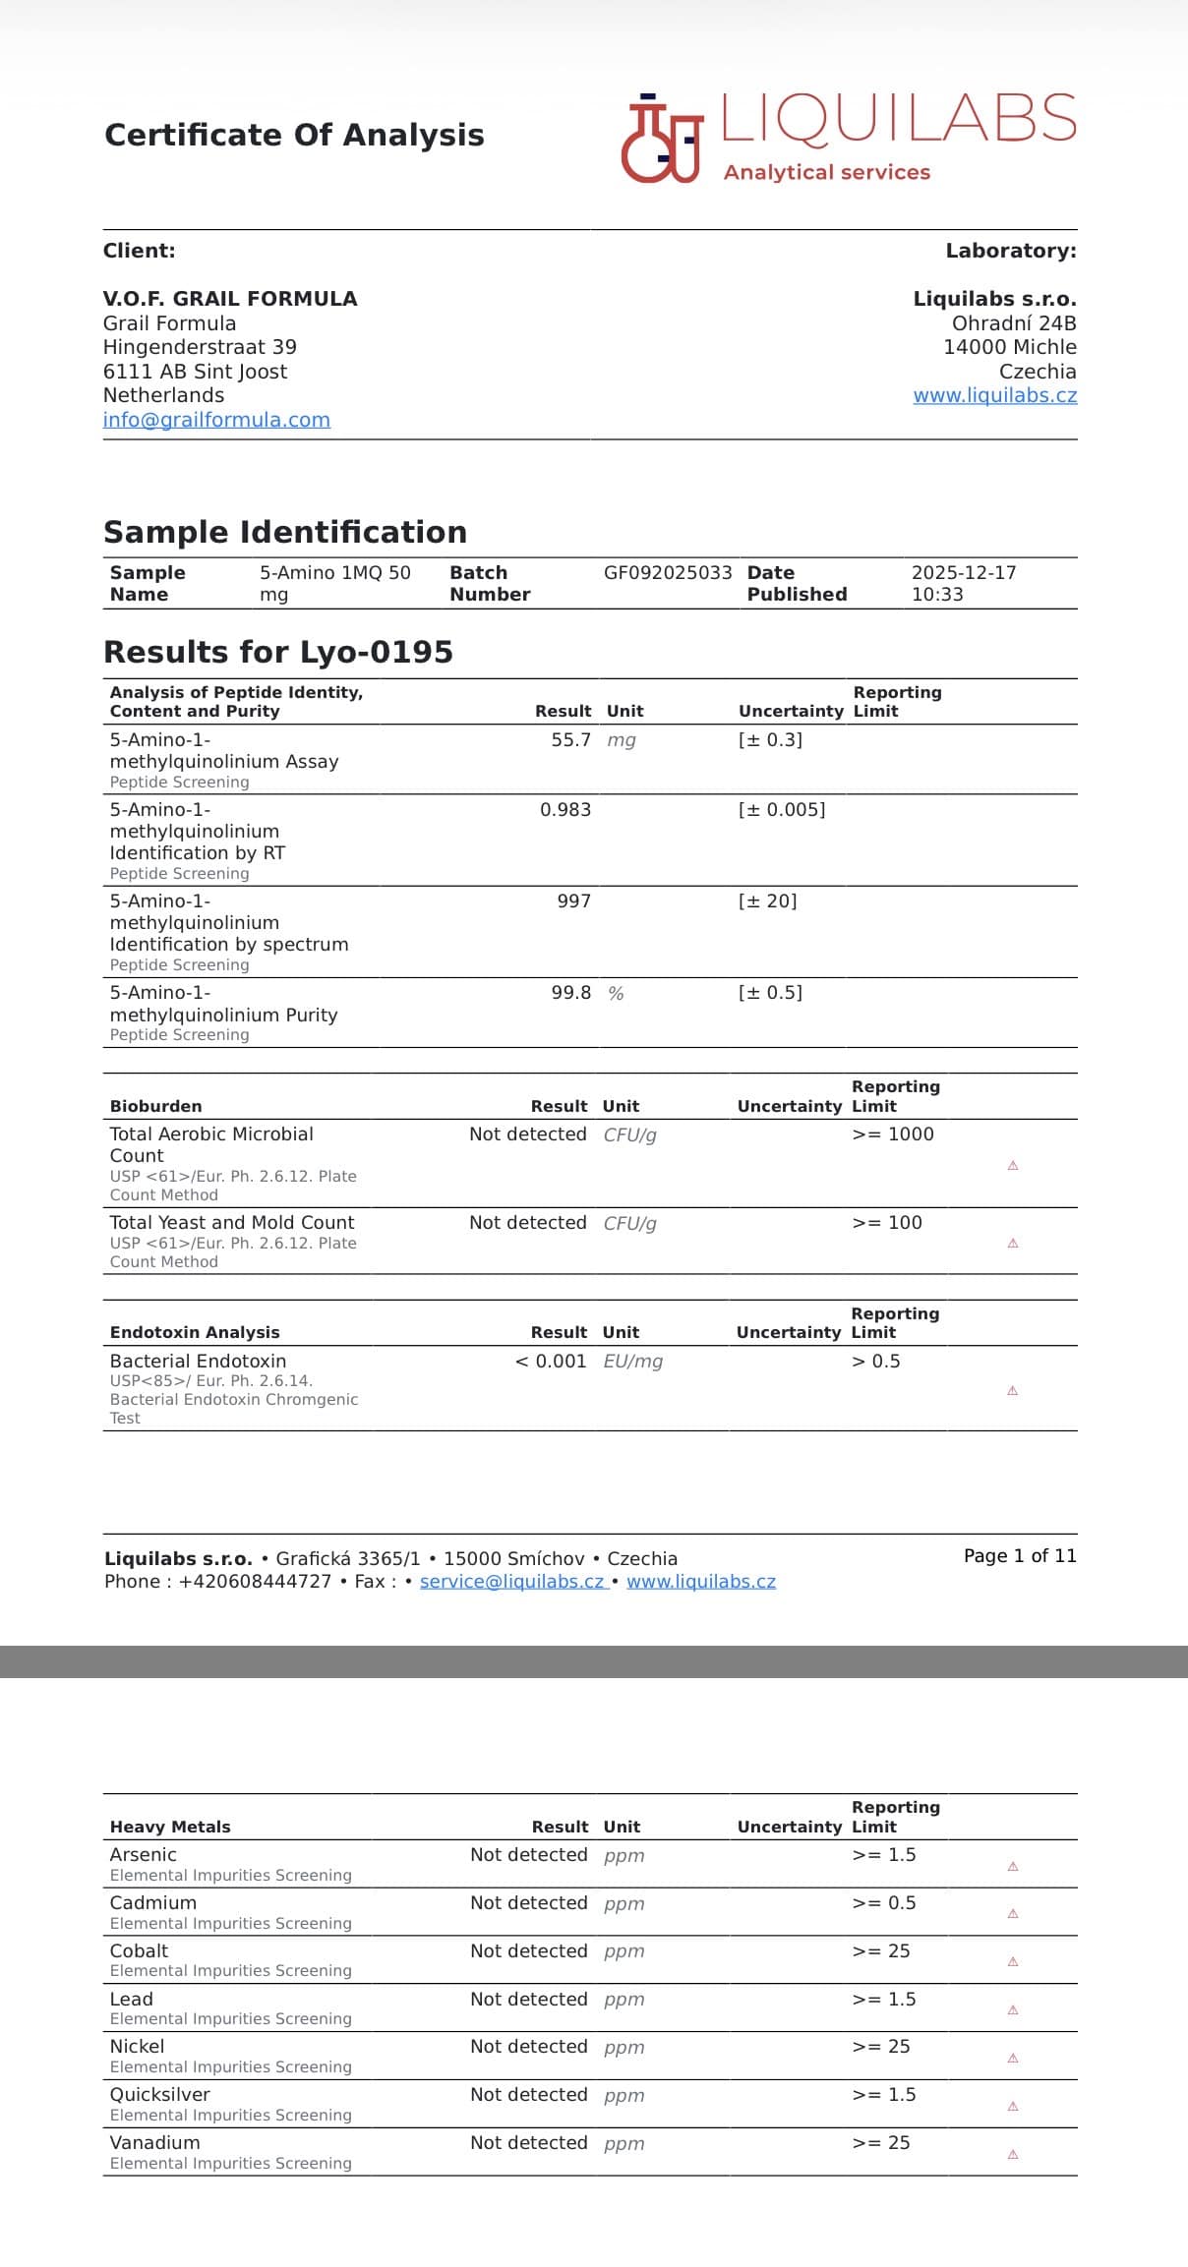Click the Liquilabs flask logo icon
[x=662, y=141]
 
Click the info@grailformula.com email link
[x=216, y=420]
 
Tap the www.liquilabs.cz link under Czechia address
[x=994, y=395]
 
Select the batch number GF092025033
[x=668, y=572]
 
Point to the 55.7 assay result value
[x=570, y=739]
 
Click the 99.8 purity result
[x=570, y=992]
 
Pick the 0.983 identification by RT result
[x=565, y=809]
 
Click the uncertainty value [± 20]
[x=767, y=901]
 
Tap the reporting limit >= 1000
[x=893, y=1133]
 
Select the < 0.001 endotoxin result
[x=551, y=1361]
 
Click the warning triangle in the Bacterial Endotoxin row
[x=1012, y=1390]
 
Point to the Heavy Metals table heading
[x=170, y=1827]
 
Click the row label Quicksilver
[x=159, y=2094]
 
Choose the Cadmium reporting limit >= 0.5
[x=884, y=1902]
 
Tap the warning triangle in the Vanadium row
[x=1013, y=2154]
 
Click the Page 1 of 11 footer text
[x=1020, y=1555]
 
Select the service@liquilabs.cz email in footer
[x=511, y=1581]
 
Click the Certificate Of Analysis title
[x=294, y=135]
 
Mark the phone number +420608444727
[x=255, y=1581]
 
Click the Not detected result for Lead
[x=528, y=1999]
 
